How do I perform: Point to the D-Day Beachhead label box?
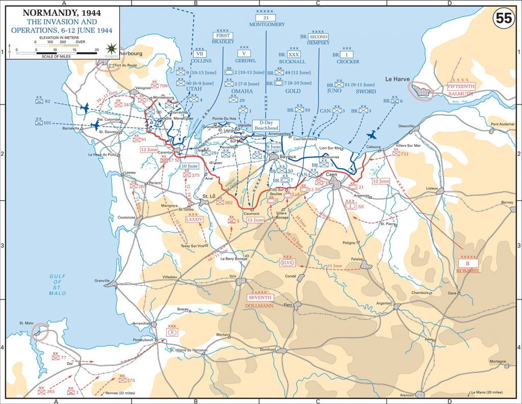click(x=266, y=125)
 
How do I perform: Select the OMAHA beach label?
click(x=242, y=91)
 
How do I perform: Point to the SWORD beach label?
click(x=366, y=91)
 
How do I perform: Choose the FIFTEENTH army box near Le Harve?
click(x=461, y=87)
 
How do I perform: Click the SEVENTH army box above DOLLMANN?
click(x=260, y=297)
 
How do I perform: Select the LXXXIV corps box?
click(x=195, y=219)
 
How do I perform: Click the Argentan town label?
click(x=384, y=303)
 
